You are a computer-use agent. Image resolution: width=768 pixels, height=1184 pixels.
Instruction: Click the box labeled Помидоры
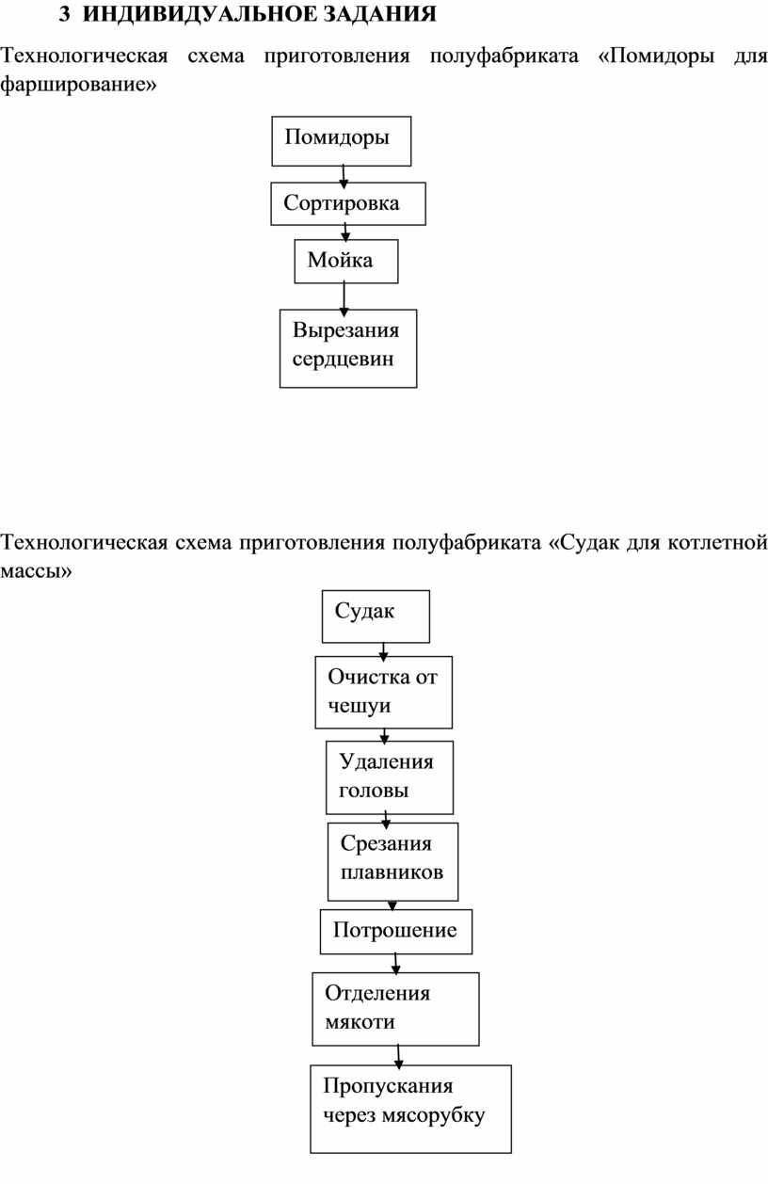pos(342,141)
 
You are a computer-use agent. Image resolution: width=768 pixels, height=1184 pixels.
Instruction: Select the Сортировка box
pos(348,203)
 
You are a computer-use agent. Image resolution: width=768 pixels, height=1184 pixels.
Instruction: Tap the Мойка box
pos(346,261)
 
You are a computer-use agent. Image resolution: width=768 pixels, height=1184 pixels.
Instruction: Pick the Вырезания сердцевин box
pos(348,348)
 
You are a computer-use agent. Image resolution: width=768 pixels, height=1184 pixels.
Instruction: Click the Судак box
pos(376,616)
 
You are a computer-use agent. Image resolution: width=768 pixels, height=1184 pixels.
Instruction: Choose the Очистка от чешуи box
pos(384,693)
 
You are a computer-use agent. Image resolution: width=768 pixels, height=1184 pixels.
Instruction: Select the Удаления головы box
pos(390,777)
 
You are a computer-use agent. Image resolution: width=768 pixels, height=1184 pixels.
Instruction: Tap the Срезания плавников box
pos(392,861)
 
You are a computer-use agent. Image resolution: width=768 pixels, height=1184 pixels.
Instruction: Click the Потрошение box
pos(396,932)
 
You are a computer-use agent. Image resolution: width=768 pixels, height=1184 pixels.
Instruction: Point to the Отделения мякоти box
pos(396,1009)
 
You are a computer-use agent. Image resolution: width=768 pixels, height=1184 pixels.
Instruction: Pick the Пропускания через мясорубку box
pos(410,1109)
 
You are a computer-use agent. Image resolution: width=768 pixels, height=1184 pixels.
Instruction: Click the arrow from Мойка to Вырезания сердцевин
pos(344,298)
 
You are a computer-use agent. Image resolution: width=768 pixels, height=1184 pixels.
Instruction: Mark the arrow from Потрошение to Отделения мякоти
pos(395,964)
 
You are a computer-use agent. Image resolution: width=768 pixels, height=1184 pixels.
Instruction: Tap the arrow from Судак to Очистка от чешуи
pos(383,651)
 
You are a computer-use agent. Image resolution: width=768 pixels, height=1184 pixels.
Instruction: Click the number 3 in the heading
pos(64,14)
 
